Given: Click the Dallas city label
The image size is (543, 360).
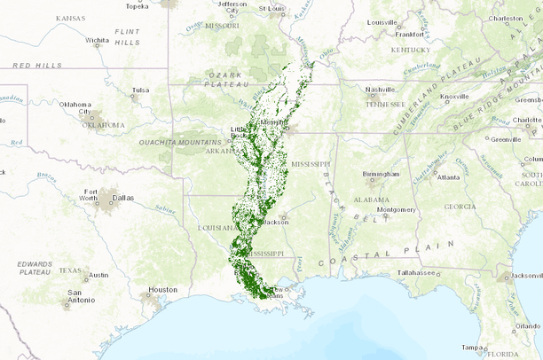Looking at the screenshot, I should (123, 198).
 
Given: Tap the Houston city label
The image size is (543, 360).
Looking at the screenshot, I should (162, 290).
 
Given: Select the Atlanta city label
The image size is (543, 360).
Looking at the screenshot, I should (448, 177).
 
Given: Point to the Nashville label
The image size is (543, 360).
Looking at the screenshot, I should (380, 90).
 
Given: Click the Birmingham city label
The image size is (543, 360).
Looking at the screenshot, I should (381, 174).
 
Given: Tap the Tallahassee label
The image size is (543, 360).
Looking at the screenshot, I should (417, 272).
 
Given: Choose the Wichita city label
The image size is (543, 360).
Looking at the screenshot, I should (98, 40).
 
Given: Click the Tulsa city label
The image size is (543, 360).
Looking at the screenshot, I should (140, 90).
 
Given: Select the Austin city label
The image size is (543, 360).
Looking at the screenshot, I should (98, 275).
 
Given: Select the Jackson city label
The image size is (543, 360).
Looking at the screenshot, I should (276, 222).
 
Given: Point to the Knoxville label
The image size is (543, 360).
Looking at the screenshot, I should (454, 96).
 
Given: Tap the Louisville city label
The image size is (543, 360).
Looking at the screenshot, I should (382, 22).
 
